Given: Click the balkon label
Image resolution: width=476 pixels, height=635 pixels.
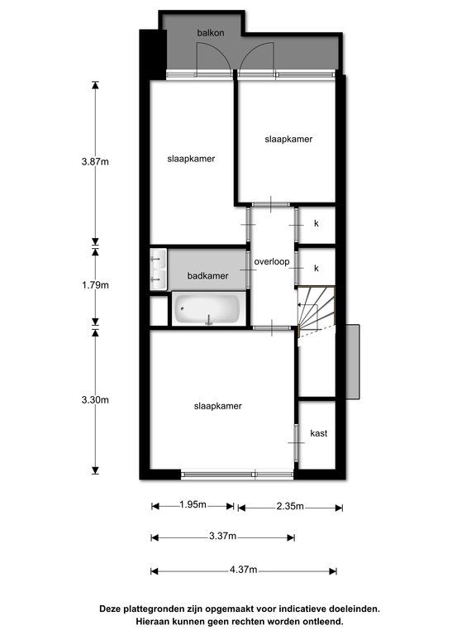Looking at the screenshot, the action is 211,33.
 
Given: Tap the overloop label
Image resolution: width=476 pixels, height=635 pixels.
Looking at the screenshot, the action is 272,261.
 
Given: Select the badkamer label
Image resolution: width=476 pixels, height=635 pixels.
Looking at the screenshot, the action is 207,276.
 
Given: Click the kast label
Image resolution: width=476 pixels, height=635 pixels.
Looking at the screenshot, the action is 318,433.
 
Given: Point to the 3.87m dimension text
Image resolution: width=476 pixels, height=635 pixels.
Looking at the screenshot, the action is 95,161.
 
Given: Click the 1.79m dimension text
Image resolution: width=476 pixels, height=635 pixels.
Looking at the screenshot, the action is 95,285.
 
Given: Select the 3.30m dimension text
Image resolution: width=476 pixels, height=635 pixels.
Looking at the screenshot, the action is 95,399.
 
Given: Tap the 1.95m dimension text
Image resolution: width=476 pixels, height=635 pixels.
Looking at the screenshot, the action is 193,504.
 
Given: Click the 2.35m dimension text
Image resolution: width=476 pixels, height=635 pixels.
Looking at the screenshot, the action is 290,506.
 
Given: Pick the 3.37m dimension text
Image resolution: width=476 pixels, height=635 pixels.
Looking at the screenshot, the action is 222,536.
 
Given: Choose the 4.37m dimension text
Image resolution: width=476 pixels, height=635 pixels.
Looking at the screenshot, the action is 243,570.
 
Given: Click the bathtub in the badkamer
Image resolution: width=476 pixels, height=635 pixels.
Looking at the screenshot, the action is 207,308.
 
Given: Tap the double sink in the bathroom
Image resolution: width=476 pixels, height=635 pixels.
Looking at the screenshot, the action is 159,269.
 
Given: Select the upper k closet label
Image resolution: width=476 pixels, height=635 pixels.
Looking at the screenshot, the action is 317,223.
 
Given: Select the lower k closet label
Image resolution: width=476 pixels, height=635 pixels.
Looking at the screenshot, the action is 317,268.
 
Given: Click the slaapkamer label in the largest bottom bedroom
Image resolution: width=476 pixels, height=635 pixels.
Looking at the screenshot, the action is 218,406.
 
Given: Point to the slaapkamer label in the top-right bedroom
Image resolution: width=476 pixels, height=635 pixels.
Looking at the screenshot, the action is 288,139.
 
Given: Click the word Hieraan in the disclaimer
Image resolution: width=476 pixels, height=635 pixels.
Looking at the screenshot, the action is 152,621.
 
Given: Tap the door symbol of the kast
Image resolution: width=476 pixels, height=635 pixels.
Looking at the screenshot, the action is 297,442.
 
